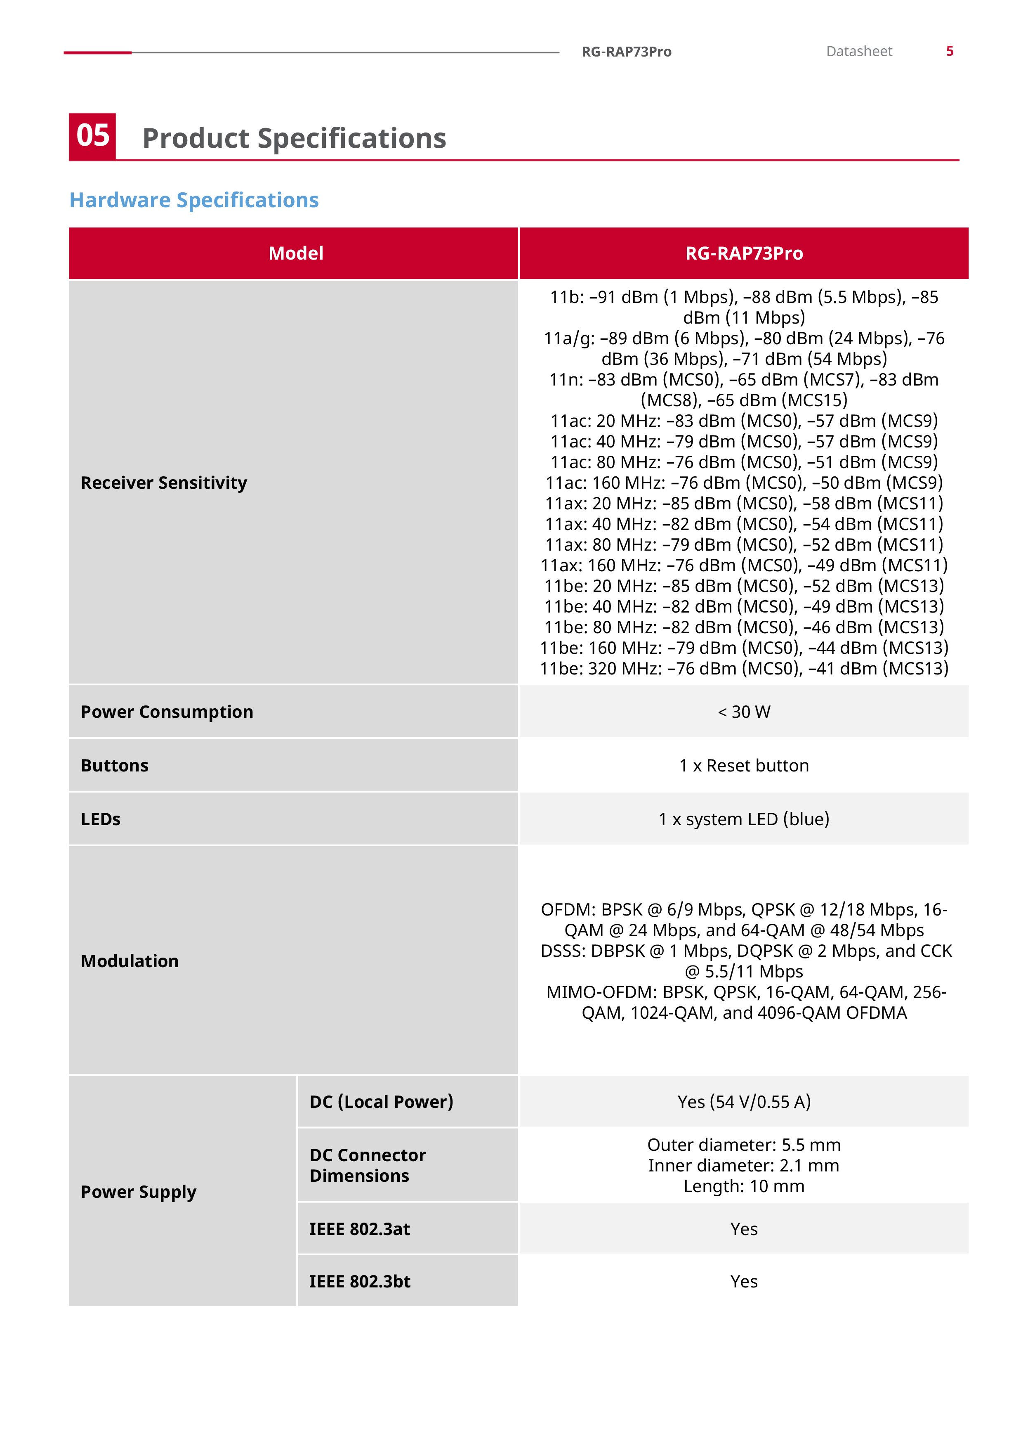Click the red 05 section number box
tap(93, 136)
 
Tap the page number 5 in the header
tap(949, 51)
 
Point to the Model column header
tap(296, 253)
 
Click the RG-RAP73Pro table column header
tap(744, 253)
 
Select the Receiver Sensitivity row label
tap(164, 483)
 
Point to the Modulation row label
tap(130, 961)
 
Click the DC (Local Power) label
tap(381, 1101)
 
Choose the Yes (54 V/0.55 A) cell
tap(744, 1101)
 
